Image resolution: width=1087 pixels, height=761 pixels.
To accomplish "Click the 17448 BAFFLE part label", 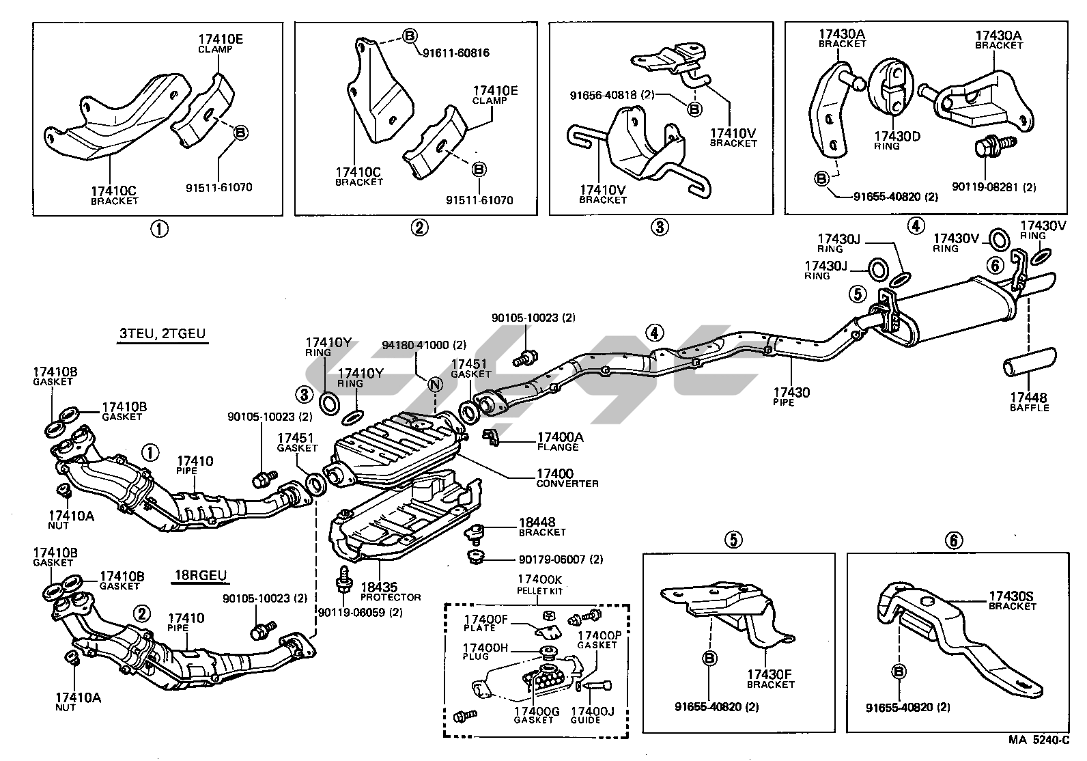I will tap(1029, 402).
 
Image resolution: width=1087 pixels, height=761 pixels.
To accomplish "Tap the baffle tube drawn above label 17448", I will tap(1029, 362).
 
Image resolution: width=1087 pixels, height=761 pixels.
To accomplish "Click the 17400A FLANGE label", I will tap(561, 441).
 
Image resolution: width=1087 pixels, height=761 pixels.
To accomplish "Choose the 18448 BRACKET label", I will tap(542, 526).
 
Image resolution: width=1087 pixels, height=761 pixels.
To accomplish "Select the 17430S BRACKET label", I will tap(1011, 600).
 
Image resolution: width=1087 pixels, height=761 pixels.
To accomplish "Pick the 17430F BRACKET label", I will tap(770, 678).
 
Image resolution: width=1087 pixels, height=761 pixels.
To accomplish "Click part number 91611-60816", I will tap(455, 53).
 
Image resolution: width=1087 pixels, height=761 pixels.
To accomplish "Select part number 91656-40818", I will tap(612, 95).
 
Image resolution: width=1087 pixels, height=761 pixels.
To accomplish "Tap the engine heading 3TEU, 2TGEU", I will tap(163, 334).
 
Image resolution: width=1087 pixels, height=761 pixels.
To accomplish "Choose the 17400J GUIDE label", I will tap(592, 715).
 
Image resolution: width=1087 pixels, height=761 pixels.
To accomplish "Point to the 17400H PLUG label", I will tap(485, 652).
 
